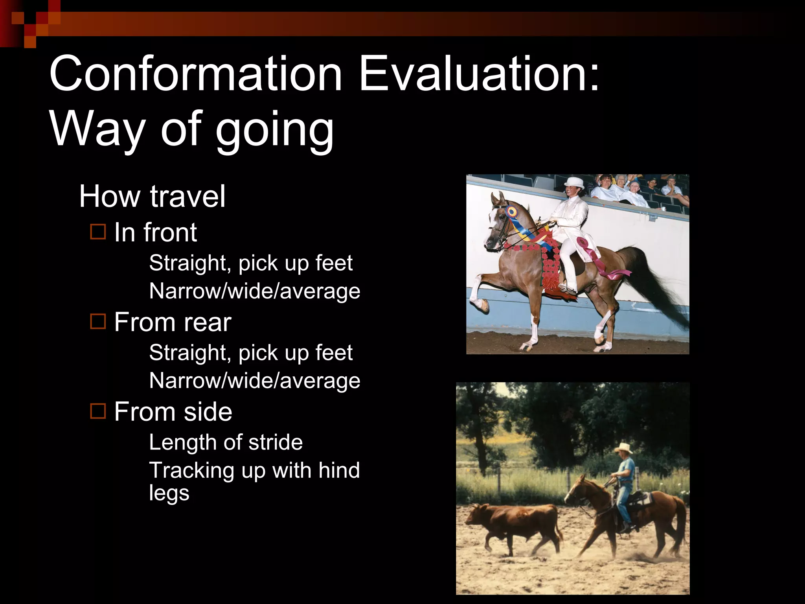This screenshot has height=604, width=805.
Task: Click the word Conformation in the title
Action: (x=195, y=74)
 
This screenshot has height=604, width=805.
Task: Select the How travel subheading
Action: (x=152, y=196)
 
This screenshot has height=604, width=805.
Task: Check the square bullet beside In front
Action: (x=98, y=232)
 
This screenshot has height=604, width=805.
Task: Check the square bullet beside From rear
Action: (x=98, y=322)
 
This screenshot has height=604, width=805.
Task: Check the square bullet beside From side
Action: (x=98, y=411)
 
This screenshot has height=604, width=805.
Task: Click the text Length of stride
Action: (x=226, y=442)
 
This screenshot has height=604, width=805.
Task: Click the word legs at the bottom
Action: (x=169, y=493)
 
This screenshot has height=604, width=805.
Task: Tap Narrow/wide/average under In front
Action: (x=254, y=291)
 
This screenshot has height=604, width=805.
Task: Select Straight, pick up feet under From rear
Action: (x=250, y=352)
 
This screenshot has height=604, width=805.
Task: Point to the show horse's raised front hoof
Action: (x=480, y=305)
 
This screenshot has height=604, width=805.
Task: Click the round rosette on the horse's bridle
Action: (x=511, y=212)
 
